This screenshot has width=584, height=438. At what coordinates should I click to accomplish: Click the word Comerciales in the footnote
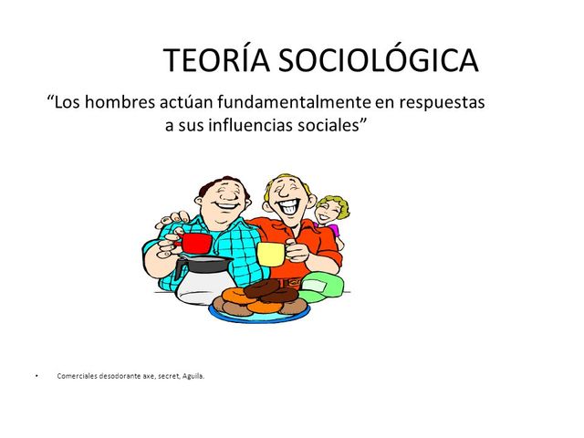(x=78, y=374)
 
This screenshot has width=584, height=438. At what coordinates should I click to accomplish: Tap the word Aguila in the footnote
(x=193, y=374)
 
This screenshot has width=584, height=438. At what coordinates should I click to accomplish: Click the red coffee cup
(x=196, y=244)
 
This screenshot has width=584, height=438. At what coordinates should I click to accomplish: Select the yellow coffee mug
(x=270, y=253)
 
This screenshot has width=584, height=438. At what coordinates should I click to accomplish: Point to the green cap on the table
(x=323, y=286)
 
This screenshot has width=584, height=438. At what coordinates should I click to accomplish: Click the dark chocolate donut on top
(x=262, y=288)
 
